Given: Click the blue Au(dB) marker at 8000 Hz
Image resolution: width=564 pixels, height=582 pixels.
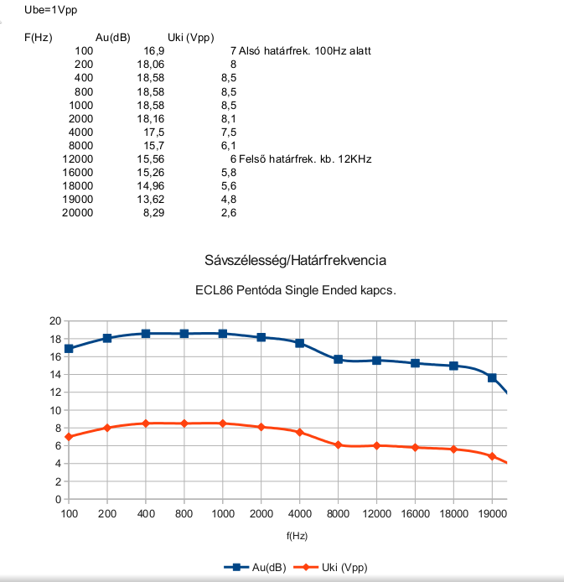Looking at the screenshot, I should [x=339, y=359].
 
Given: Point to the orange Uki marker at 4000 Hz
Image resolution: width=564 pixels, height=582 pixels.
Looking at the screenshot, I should [x=300, y=432].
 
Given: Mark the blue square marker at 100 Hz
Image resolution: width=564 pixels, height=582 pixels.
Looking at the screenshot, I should [x=69, y=349].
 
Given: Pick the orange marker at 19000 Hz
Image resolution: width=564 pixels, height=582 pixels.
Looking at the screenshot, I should [x=492, y=456].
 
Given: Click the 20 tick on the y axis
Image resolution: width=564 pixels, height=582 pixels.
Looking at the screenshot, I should [x=55, y=321].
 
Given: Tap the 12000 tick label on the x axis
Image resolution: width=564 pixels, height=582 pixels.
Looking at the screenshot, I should [x=376, y=513].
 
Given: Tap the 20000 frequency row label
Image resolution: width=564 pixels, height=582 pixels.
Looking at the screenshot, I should [x=78, y=213].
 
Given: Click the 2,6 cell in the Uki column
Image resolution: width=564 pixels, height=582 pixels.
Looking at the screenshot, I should [x=228, y=213].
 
